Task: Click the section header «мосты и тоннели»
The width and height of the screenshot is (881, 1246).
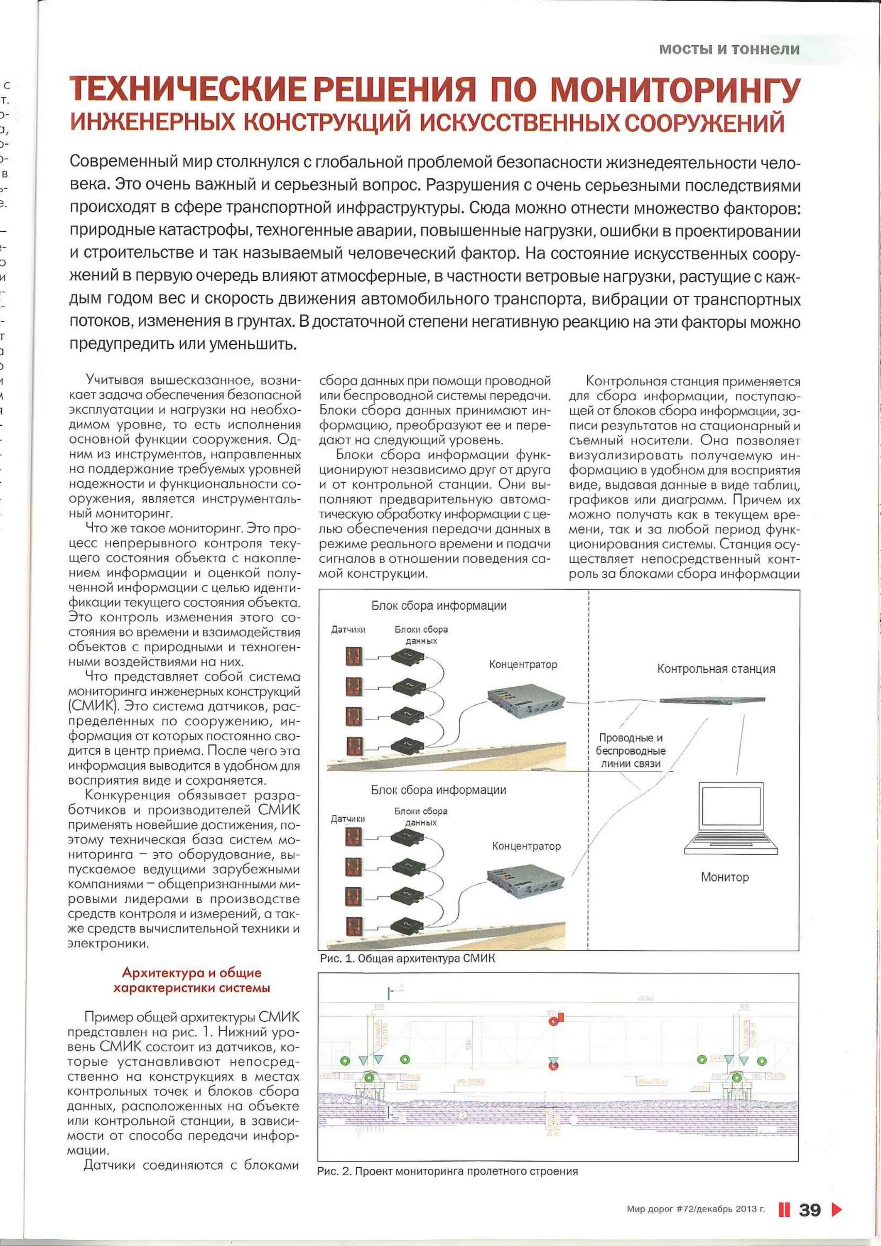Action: pyautogui.click(x=729, y=49)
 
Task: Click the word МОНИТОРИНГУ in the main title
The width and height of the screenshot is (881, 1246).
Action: pyautogui.click(x=675, y=90)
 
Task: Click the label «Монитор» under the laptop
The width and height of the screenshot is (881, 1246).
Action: pyautogui.click(x=725, y=877)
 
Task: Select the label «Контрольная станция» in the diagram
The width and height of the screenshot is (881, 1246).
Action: pyautogui.click(x=716, y=669)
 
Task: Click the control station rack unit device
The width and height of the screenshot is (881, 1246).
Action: pyautogui.click(x=712, y=700)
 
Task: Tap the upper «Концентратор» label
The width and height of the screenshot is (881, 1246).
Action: pyautogui.click(x=523, y=664)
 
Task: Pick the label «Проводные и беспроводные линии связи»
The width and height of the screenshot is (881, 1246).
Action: pyautogui.click(x=631, y=751)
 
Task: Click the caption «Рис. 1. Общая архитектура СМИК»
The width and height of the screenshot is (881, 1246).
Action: pyautogui.click(x=407, y=958)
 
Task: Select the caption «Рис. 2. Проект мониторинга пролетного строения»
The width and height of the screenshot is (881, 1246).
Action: pyautogui.click(x=447, y=1171)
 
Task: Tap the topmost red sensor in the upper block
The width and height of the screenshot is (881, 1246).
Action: pyautogui.click(x=354, y=657)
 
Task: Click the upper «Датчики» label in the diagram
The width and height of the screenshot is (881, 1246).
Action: pyautogui.click(x=348, y=630)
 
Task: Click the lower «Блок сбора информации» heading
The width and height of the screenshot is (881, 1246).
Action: pyautogui.click(x=439, y=790)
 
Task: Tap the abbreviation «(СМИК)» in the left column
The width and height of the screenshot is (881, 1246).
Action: pyautogui.click(x=92, y=706)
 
